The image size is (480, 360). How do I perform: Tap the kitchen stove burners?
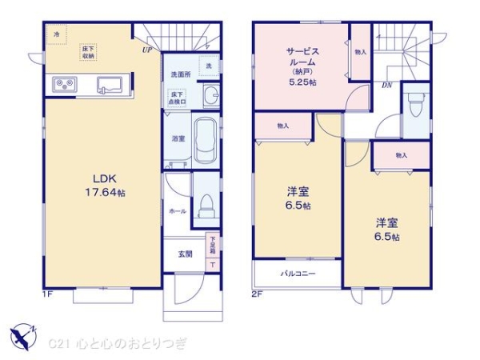tap(62, 84)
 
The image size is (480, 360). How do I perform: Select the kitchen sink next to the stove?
tap(110, 84)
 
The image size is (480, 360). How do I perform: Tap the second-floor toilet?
tap(414, 105)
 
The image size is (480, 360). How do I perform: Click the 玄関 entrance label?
tap(185, 254)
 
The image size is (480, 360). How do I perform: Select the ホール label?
tap(177, 212)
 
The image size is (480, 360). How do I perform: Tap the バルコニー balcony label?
tap(297, 273)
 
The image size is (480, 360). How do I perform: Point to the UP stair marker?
tap(147, 50)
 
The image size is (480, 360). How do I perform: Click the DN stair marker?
tap(386, 83)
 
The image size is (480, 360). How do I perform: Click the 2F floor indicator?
tap(257, 294)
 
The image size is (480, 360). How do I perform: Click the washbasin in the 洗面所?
tap(211, 97)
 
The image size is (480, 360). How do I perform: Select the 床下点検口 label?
tap(177, 98)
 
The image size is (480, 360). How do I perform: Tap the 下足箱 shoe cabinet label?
tap(214, 241)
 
